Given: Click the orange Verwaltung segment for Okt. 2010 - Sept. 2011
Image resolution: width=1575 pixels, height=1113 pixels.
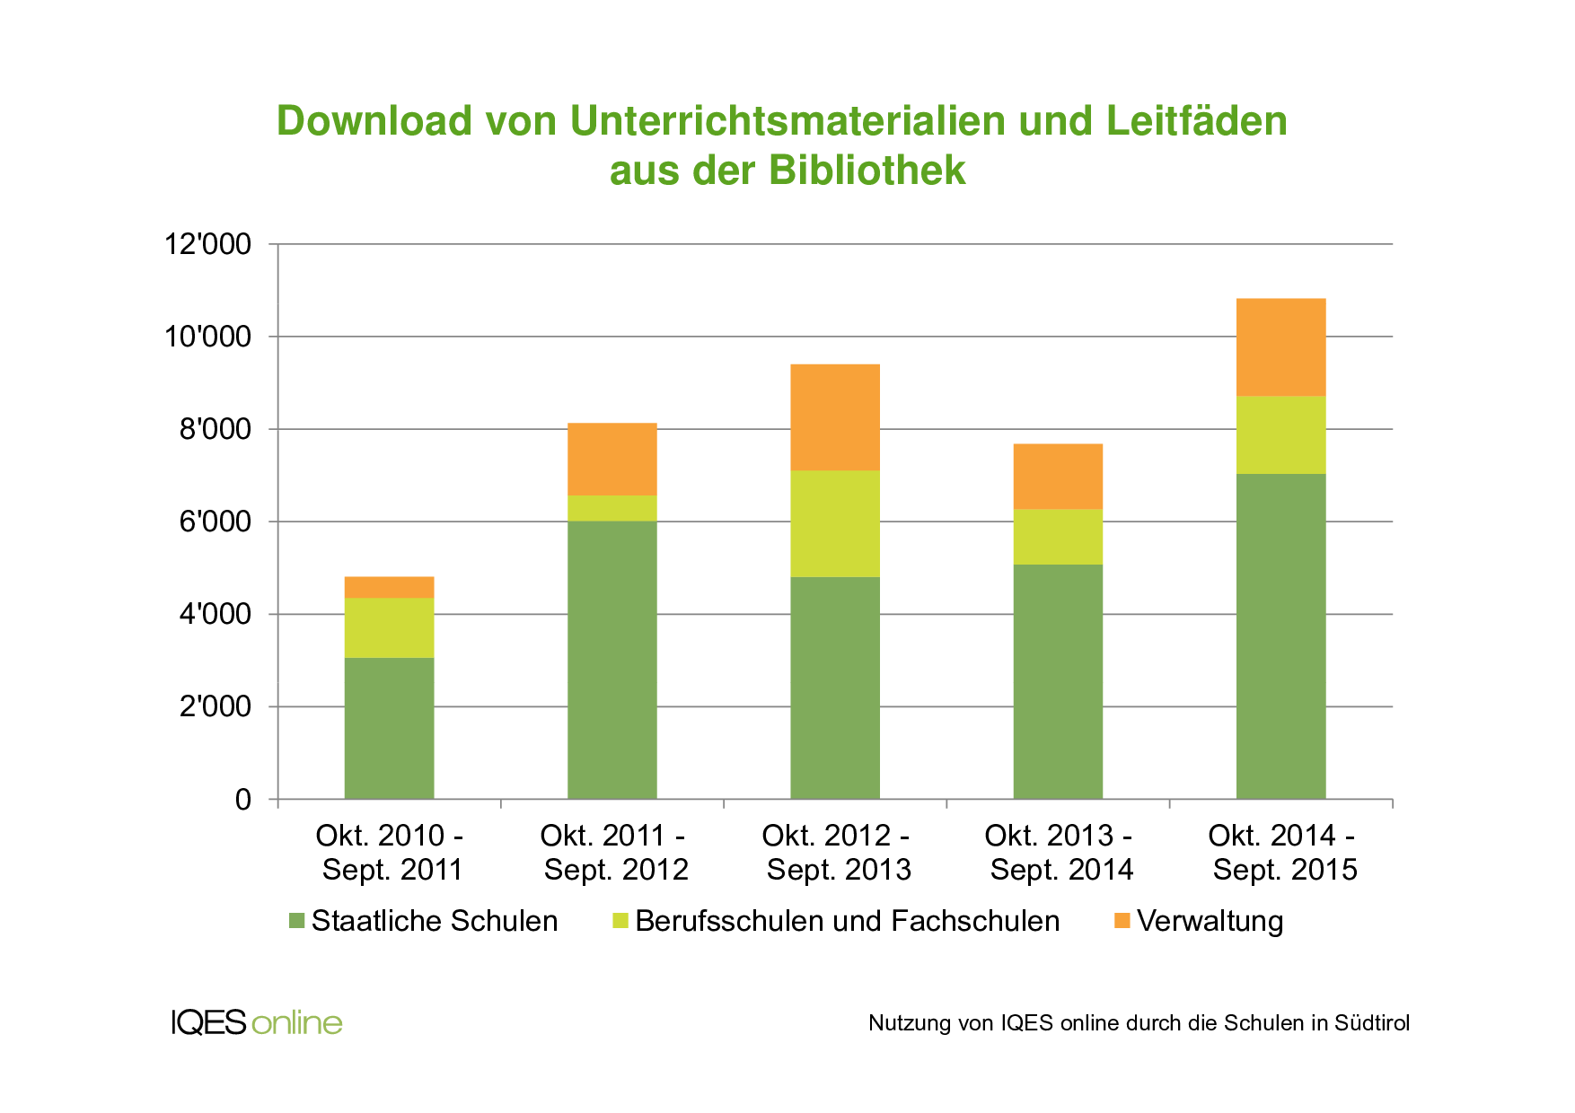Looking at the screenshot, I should pos(389,587).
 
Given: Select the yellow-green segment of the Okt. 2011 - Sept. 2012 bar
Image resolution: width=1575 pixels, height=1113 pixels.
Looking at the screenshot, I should pos(612,508).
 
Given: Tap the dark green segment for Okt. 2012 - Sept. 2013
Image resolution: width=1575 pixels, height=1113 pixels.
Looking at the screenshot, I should pos(834,688).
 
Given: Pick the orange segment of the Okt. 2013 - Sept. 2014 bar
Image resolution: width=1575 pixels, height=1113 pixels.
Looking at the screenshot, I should pos(1058,477).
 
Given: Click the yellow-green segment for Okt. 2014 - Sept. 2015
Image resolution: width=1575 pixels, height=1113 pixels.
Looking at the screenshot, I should pos(1280,434).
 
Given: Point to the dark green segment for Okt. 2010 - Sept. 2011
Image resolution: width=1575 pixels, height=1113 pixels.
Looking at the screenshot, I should pos(389,728).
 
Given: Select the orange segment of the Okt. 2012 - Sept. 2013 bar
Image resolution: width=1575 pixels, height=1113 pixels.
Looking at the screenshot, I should pos(834,417).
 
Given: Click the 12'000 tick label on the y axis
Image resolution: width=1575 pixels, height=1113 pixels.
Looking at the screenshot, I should pos(207,244).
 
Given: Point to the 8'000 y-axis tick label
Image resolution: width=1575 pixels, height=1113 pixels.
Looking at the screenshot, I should pos(215,429).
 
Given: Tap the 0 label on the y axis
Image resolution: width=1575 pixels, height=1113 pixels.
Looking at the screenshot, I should pos(242,799).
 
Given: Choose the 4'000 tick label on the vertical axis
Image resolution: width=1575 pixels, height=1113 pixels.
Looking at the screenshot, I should pos(215,614).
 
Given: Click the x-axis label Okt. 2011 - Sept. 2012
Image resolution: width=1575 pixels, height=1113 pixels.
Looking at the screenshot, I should pos(614,853).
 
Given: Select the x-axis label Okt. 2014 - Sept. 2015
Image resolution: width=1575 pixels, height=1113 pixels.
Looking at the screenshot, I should pos(1283,853).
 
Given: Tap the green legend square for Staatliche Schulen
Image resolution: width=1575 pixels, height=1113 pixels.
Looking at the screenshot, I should pos(297,921).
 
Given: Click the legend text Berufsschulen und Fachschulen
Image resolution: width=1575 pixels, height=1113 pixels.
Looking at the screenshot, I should pos(847,921).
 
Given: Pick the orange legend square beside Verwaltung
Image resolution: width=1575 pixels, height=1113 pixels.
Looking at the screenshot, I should pos(1122,921).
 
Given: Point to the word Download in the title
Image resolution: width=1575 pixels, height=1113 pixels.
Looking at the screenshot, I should pos(374,121).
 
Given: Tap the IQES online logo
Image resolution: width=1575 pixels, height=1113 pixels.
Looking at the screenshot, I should pos(257,1022).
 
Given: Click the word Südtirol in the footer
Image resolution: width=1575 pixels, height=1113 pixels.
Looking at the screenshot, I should pos(1371,1023).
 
